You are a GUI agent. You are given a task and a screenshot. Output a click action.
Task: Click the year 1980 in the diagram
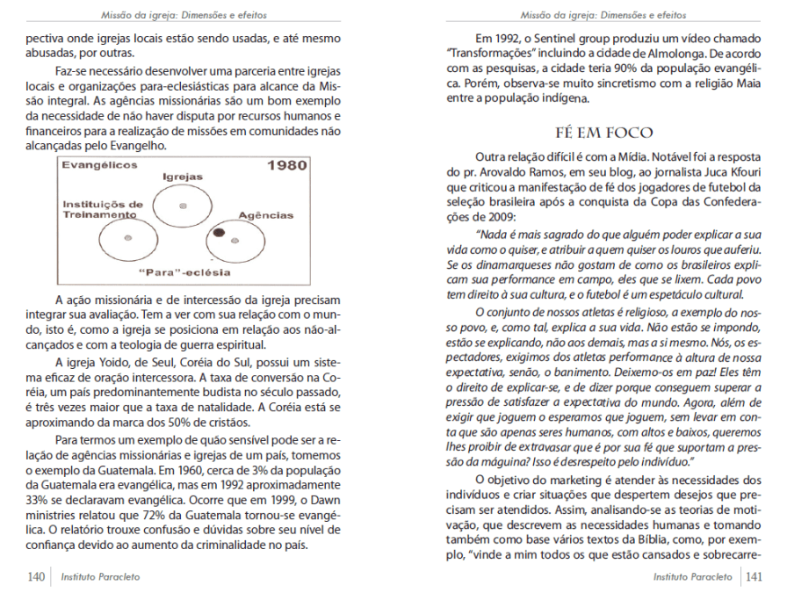286,164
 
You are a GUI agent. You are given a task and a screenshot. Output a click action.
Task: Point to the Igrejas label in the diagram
183,176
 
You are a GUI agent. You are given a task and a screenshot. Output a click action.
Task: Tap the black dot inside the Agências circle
220,233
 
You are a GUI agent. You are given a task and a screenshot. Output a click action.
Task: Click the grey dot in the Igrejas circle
183,205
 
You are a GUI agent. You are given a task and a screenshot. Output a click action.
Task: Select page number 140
36,577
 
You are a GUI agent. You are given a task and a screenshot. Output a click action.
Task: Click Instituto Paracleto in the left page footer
100,577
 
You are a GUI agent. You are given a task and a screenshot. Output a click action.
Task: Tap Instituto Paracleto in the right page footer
692,577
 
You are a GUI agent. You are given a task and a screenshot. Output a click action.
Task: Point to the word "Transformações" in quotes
492,53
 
